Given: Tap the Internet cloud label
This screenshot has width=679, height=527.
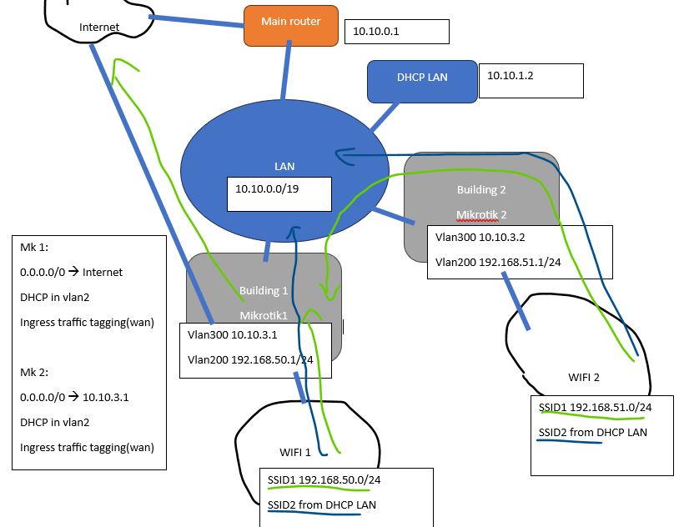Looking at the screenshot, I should [x=99, y=27].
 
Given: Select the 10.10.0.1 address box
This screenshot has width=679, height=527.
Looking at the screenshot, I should [x=396, y=31].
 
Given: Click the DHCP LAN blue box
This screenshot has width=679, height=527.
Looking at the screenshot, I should [x=422, y=78].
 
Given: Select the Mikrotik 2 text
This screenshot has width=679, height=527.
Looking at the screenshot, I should [x=481, y=214].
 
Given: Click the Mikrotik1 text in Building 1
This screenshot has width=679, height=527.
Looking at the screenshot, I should [x=264, y=315].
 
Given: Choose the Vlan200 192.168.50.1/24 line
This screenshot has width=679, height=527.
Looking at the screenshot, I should [x=250, y=359].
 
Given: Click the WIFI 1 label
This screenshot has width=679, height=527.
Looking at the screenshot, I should [x=294, y=452].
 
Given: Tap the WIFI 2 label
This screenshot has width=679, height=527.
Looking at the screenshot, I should [x=584, y=377].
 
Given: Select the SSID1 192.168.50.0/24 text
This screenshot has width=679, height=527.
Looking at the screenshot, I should [x=324, y=480].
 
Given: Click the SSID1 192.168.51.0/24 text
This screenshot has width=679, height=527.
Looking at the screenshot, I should [x=595, y=408].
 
